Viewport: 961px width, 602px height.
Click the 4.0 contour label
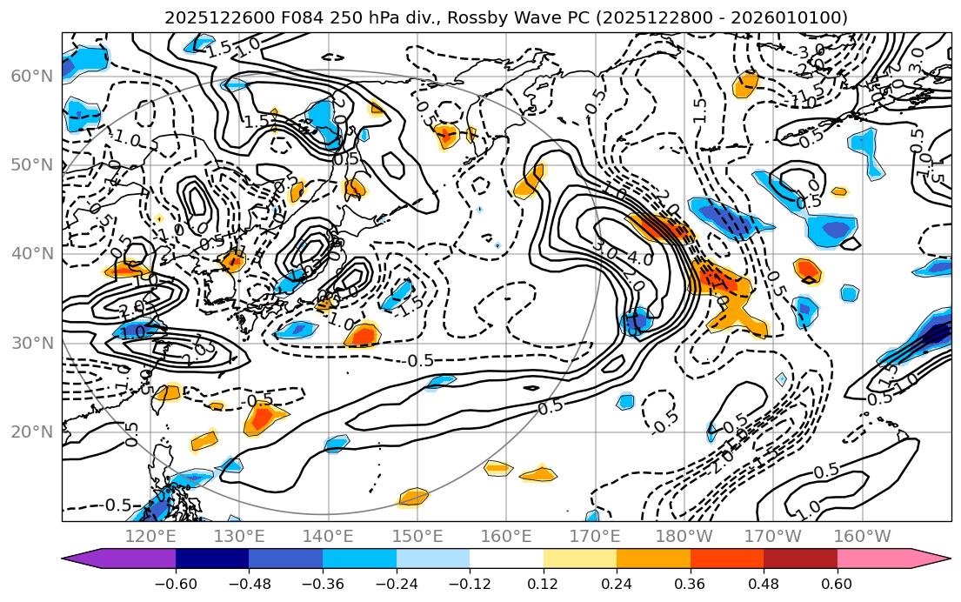[x=640, y=258]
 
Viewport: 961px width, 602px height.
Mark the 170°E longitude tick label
[x=595, y=535]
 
